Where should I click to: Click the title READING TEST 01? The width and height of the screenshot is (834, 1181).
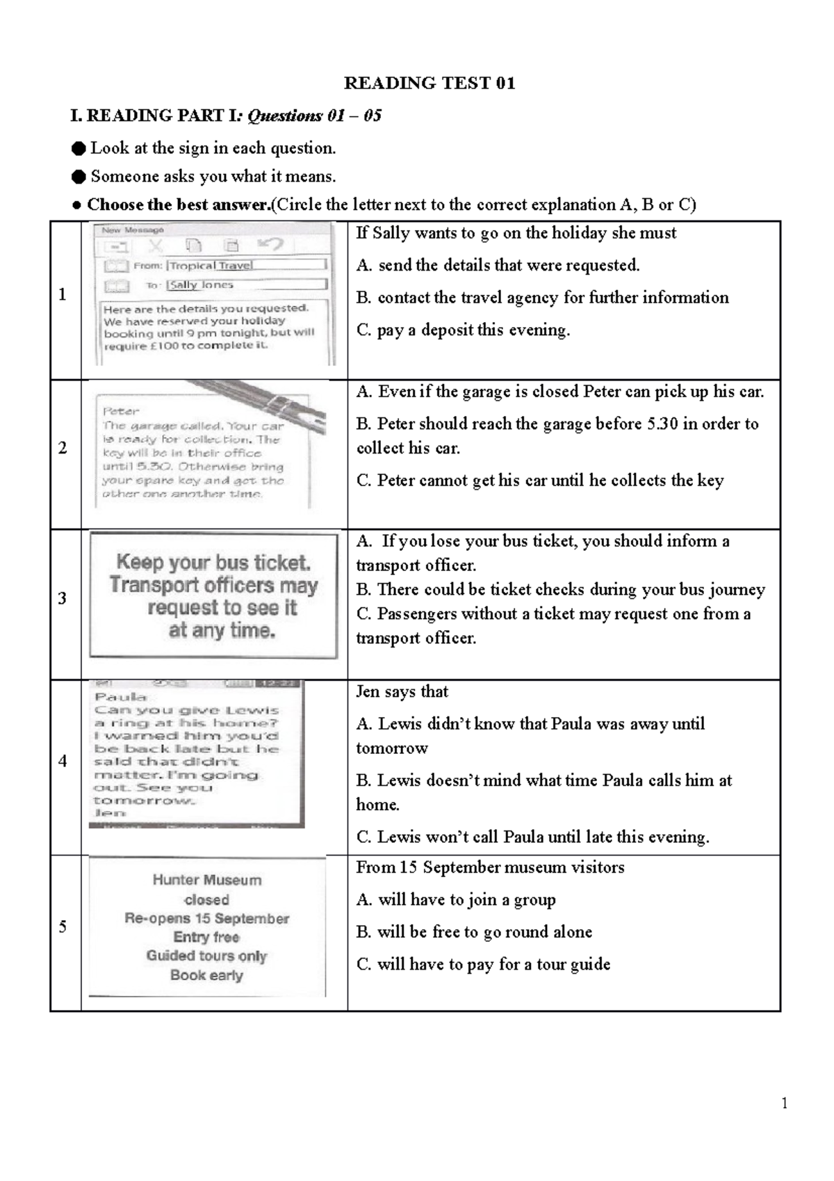(430, 83)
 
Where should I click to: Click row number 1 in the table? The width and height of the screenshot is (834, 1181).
(63, 294)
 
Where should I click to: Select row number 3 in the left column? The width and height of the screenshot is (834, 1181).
(63, 598)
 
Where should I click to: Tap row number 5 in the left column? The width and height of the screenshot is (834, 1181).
(63, 926)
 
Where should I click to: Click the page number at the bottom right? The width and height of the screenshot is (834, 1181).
(785, 1103)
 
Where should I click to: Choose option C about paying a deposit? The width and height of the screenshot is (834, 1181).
(463, 330)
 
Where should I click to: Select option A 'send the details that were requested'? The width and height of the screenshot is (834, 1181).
(498, 265)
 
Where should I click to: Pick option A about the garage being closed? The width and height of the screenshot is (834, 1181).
(560, 392)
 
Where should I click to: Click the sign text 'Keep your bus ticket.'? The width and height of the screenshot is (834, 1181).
(213, 562)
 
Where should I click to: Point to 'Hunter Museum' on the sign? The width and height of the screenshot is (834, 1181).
(207, 880)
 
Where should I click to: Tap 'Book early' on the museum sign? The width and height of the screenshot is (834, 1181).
(206, 975)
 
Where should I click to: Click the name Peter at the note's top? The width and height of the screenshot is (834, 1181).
(121, 411)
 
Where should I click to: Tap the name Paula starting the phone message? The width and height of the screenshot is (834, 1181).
(121, 697)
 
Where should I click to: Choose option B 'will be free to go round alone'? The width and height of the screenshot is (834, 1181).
(474, 932)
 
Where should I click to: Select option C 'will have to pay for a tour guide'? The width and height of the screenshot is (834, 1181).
(483, 964)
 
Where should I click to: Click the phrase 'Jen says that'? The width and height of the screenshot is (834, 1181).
(402, 691)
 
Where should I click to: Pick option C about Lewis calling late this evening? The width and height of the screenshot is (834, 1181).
(532, 837)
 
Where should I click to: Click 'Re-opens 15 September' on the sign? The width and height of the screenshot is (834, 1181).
(206, 918)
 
